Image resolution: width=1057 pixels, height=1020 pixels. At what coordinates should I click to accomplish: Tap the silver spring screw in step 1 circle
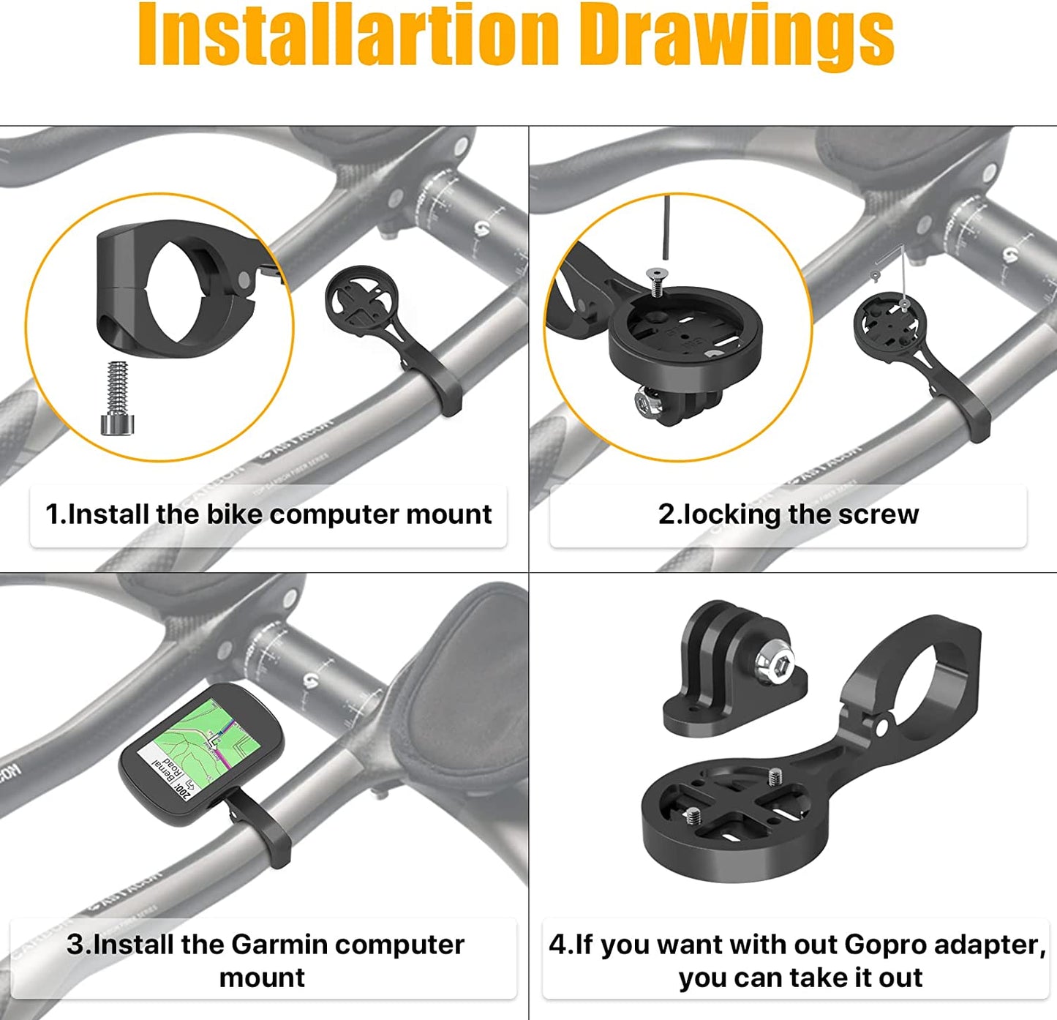(x=118, y=400)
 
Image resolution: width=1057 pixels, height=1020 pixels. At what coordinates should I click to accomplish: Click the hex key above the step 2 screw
(x=666, y=227)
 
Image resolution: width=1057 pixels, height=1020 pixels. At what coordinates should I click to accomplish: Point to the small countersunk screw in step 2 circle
(x=656, y=282)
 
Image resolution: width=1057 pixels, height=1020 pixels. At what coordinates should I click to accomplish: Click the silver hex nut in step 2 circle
(x=647, y=402)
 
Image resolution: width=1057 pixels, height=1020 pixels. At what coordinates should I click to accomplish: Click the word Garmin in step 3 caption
(x=279, y=945)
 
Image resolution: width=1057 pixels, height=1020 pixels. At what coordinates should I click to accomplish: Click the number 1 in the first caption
(x=52, y=514)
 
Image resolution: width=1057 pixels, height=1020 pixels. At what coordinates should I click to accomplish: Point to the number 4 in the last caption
(x=557, y=945)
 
